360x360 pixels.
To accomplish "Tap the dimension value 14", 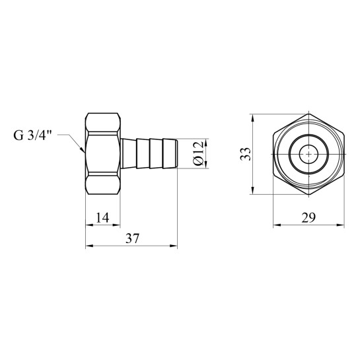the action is pyautogui.click(x=102, y=217).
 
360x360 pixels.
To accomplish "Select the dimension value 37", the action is pyautogui.click(x=133, y=238).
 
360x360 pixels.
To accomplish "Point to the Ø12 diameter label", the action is pyautogui.click(x=198, y=153).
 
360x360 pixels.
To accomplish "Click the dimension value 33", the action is pyautogui.click(x=246, y=154).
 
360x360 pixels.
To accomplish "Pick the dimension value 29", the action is pyautogui.click(x=308, y=217).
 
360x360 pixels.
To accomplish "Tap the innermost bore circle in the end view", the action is pyautogui.click(x=308, y=154).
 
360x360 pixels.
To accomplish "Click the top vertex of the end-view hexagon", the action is pyautogui.click(x=308, y=114).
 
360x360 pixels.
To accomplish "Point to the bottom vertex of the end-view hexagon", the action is pyautogui.click(x=308, y=195).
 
